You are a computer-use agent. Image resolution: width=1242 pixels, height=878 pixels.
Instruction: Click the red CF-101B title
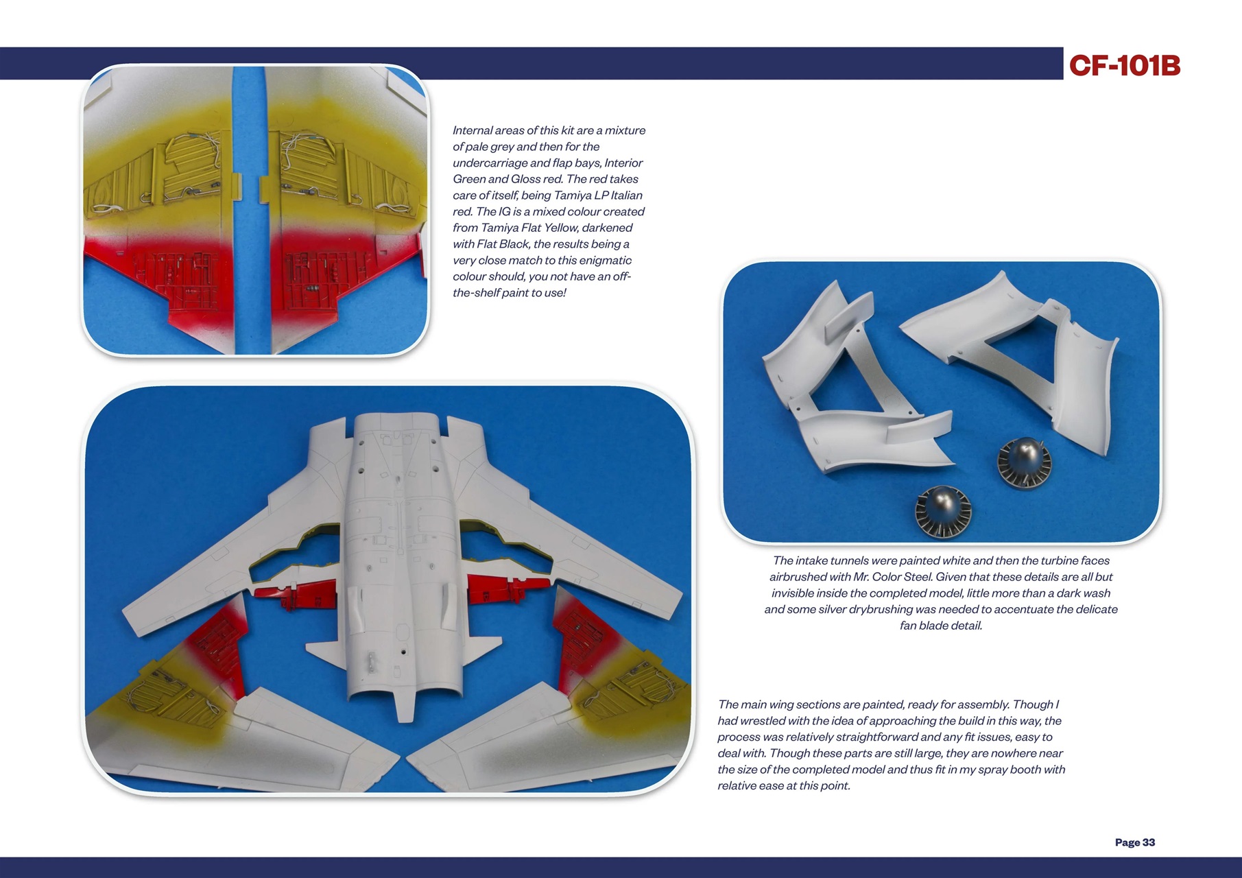(x=1124, y=66)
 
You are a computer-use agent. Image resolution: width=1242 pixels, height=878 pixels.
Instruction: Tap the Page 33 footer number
(x=1134, y=842)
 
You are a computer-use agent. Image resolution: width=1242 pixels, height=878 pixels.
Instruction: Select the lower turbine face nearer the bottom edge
(x=944, y=511)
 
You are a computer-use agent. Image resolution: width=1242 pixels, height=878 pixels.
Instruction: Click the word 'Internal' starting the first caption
(x=472, y=130)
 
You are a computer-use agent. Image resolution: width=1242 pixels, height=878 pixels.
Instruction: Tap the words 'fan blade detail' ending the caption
(x=940, y=626)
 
